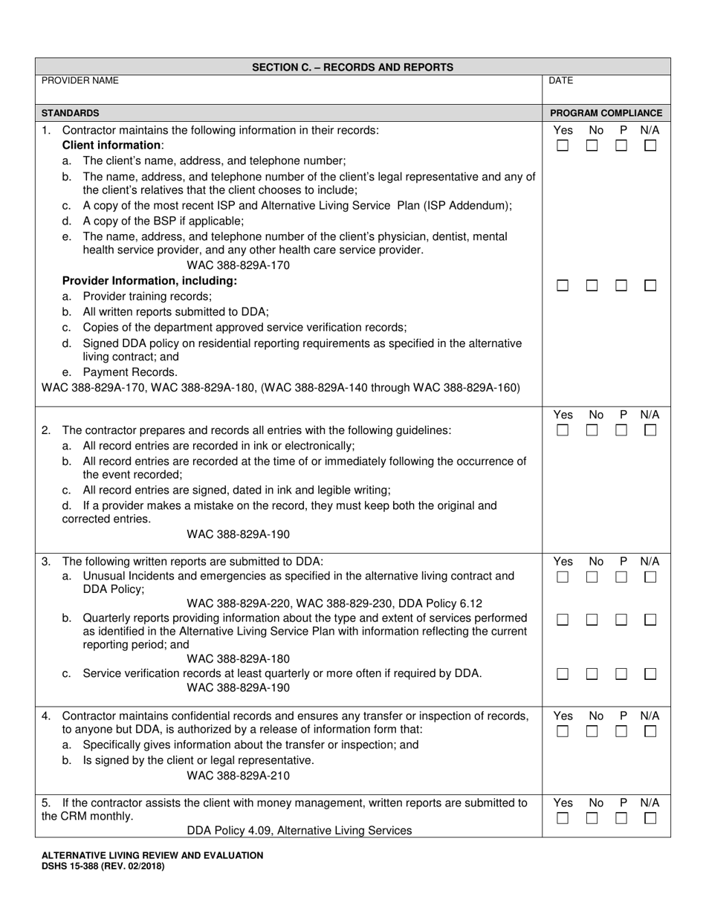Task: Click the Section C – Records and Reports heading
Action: click(x=352, y=67)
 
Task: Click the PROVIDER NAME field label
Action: click(x=80, y=80)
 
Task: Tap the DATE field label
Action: click(x=560, y=80)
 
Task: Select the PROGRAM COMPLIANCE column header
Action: click(x=606, y=113)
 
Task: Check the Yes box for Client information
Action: click(x=563, y=146)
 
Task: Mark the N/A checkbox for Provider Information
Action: click(x=650, y=285)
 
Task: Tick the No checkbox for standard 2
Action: click(x=592, y=430)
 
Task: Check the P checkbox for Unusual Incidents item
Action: click(x=621, y=577)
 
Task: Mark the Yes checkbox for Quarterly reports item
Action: click(x=563, y=620)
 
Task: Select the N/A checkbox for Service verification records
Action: click(x=650, y=674)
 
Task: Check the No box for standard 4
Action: click(x=592, y=731)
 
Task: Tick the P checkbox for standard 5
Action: click(x=621, y=818)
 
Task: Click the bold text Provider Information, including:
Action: click(x=149, y=281)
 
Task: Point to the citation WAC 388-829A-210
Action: click(x=238, y=776)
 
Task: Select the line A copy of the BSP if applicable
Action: click(x=163, y=221)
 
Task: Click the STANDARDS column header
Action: click(x=70, y=113)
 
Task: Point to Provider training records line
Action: click(x=146, y=296)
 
